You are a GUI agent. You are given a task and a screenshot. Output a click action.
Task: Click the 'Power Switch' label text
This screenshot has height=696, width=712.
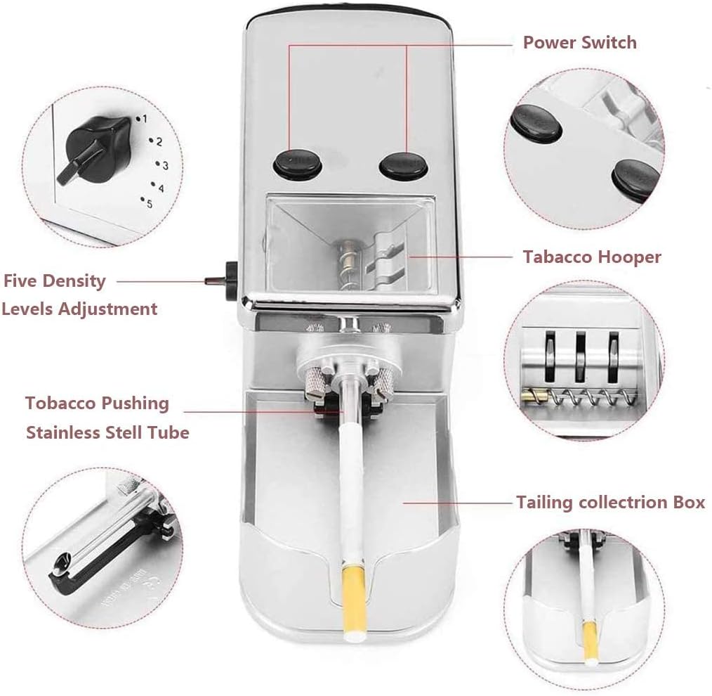579,42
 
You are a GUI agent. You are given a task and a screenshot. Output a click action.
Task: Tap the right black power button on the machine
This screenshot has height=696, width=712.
403,164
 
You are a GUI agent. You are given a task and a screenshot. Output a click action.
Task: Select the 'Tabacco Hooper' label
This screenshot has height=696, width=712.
592,257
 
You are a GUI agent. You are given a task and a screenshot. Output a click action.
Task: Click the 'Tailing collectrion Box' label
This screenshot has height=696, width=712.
610,503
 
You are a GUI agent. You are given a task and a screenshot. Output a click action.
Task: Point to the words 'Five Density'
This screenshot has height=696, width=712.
55,281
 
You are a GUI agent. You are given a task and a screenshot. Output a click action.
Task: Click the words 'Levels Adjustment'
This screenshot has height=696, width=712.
79,309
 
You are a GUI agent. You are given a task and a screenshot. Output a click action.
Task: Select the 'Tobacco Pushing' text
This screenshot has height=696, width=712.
98,404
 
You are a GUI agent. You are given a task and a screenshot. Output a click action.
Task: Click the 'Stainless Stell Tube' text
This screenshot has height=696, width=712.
107,432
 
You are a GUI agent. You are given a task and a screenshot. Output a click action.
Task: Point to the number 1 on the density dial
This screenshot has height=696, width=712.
145,119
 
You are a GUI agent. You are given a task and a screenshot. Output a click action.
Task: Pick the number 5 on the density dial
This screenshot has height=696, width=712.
149,202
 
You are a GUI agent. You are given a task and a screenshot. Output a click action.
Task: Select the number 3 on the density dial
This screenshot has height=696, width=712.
165,165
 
